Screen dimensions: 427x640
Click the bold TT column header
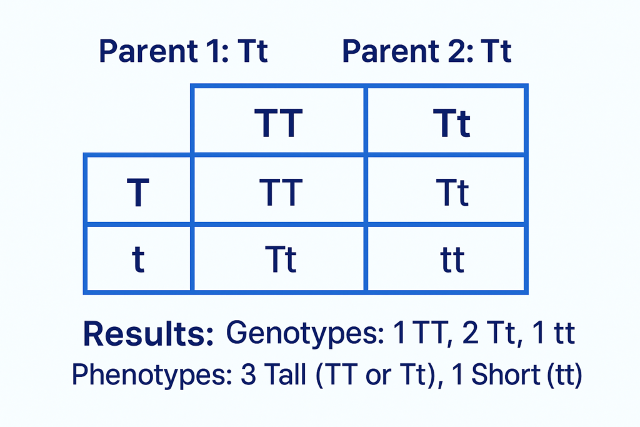[x=278, y=123]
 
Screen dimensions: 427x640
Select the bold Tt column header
[x=451, y=123]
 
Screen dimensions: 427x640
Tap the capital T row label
[x=137, y=193]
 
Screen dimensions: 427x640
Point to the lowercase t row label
[x=138, y=259]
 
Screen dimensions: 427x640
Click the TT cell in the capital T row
[x=278, y=192]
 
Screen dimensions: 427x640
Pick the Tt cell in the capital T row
[x=451, y=192]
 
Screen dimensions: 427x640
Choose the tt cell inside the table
[x=451, y=259]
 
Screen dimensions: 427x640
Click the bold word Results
[x=148, y=335]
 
